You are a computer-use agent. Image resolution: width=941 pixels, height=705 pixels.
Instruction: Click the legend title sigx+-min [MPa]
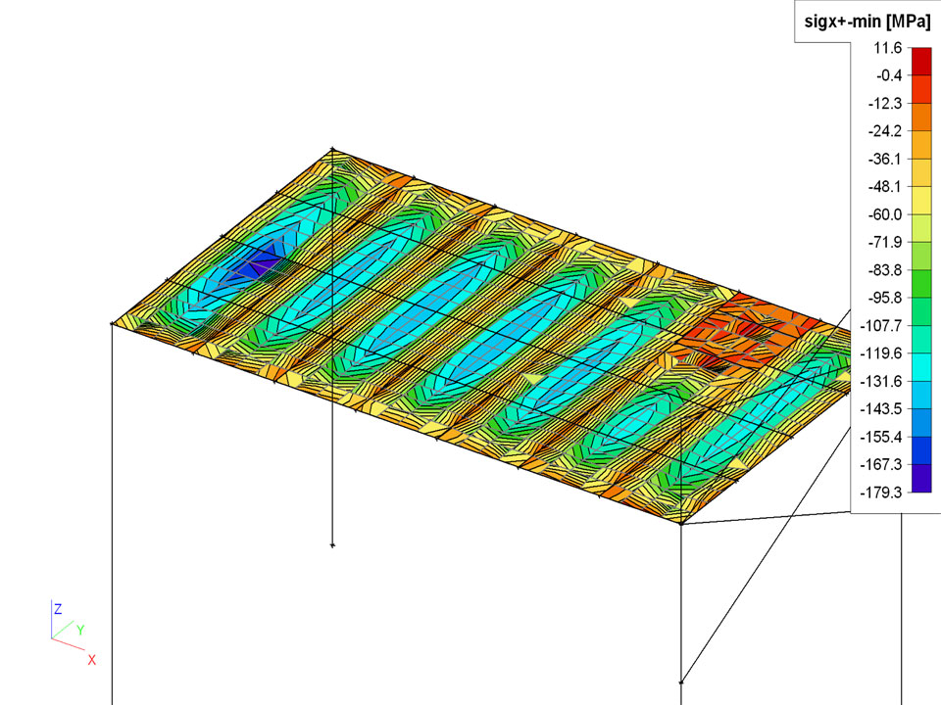[x=867, y=22]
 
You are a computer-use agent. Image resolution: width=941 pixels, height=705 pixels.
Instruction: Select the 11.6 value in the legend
[x=888, y=48]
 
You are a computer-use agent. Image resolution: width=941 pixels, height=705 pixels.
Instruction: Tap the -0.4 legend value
[x=889, y=75]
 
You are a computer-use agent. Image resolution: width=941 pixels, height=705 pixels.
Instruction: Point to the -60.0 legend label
[x=884, y=214]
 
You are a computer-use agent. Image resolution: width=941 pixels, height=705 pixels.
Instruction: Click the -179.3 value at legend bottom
[x=880, y=493]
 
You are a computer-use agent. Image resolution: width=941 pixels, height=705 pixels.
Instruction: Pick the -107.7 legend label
[x=880, y=326]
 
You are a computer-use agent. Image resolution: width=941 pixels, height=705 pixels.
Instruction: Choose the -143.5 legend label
[x=880, y=409]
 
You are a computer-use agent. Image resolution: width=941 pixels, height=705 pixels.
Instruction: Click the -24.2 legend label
[x=884, y=131]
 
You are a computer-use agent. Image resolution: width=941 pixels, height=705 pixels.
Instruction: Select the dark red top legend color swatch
[x=921, y=62]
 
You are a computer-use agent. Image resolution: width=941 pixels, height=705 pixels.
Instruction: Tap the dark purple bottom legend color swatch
[x=921, y=479]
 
